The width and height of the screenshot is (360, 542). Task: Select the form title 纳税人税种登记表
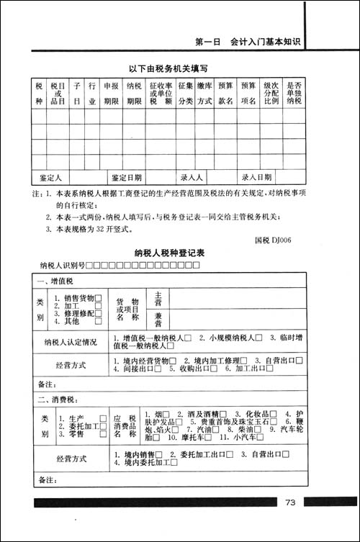tap(170, 253)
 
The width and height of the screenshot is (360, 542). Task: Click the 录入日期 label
tap(256, 176)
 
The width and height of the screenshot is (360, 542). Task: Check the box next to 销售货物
tap(98, 297)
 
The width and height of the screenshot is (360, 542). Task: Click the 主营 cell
tap(158, 297)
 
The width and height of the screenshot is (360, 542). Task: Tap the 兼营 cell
tap(158, 317)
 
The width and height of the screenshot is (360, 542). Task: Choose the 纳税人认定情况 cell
tap(70, 342)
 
